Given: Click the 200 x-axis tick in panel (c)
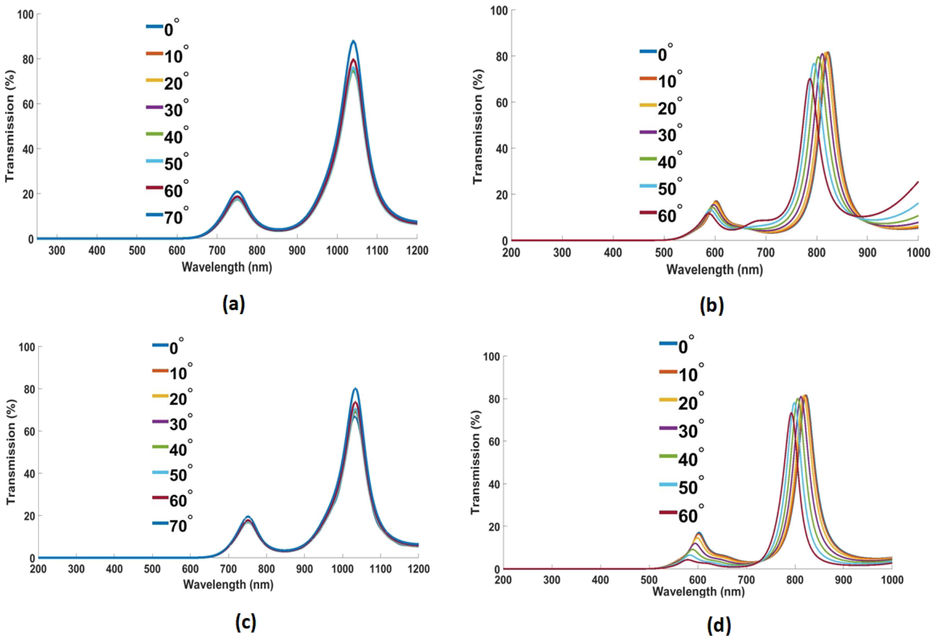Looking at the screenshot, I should click(x=38, y=569).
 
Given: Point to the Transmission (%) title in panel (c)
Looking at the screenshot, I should click(x=11, y=452).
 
